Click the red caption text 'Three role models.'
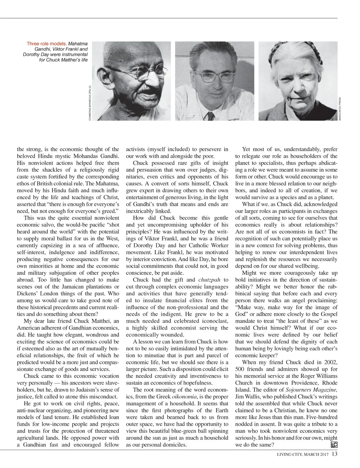[x=47, y=44]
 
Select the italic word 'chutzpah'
[x=210, y=280]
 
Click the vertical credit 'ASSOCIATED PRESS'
[x=340, y=109]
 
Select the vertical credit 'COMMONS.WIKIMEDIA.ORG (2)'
[x=90, y=103]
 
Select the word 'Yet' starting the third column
[x=247, y=149]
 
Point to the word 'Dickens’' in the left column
[x=27, y=294]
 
